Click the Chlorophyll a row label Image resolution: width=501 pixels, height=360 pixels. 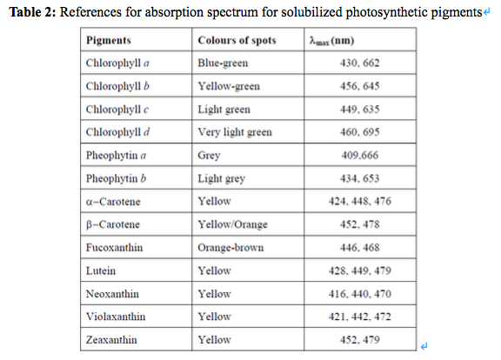[117, 63]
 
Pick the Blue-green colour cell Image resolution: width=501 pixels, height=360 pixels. [224, 63]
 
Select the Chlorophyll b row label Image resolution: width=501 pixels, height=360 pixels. [117, 86]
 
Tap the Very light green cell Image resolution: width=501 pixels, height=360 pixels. [235, 132]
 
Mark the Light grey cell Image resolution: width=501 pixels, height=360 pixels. [222, 178]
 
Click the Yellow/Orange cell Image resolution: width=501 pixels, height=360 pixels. [233, 224]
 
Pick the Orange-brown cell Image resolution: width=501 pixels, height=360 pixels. [230, 247]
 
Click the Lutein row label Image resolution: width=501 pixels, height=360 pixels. [100, 270]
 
